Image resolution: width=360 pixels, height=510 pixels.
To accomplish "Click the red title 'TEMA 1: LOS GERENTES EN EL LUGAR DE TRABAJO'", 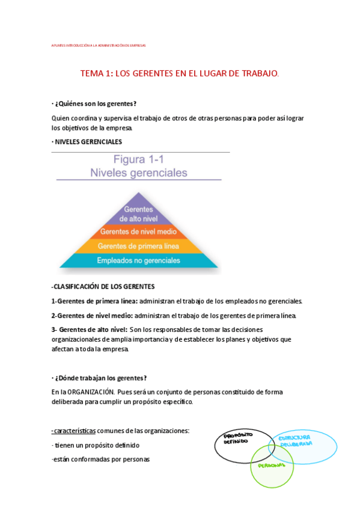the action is point(180,73).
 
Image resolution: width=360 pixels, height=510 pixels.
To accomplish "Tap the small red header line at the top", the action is point(99,45).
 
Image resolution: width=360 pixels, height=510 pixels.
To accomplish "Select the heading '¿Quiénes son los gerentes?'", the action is point(96,104).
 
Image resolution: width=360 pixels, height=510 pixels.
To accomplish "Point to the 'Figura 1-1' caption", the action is point(138,160).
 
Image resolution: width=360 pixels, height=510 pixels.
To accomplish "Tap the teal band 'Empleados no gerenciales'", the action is point(139,260).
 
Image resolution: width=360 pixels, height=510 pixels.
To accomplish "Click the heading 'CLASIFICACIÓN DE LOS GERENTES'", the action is point(103,286).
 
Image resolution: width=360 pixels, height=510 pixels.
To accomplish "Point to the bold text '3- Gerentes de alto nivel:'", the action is point(89,330).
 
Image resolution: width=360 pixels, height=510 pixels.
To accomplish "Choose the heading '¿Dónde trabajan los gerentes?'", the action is point(100,378).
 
